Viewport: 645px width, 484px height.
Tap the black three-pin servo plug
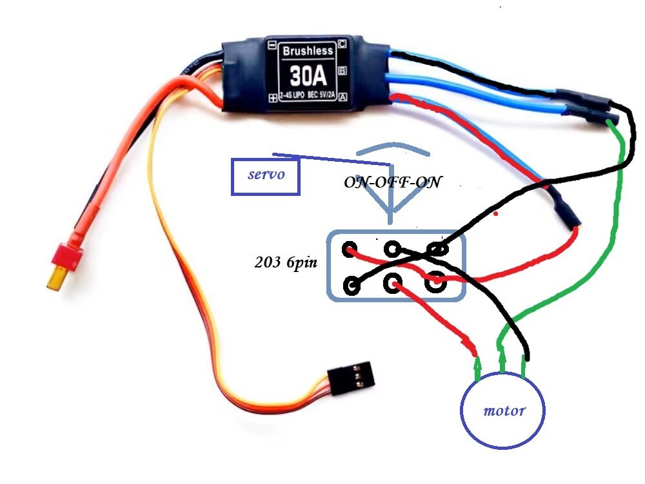click(x=349, y=376)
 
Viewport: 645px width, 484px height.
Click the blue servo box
click(x=265, y=175)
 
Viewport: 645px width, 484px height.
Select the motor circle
click(x=502, y=410)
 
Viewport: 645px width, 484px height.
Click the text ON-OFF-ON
click(x=392, y=182)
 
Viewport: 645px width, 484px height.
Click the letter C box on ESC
click(x=342, y=44)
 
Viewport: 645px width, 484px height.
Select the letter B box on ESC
click(x=343, y=70)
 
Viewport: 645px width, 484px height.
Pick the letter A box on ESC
click(x=343, y=97)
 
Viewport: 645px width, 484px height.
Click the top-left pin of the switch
click(x=350, y=249)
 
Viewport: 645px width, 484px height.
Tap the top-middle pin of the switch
click(x=392, y=249)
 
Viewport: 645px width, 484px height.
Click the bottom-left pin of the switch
click(x=352, y=285)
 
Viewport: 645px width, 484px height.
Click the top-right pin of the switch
click(x=438, y=249)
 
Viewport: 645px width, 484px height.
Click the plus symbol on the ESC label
click(x=272, y=97)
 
